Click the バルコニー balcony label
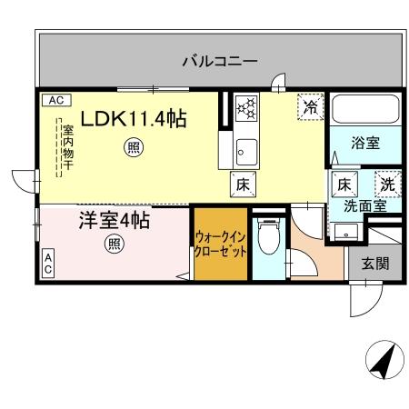click(x=219, y=62)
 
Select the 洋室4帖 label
click(x=114, y=221)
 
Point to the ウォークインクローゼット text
click(x=220, y=244)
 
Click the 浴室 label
click(x=366, y=143)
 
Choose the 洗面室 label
click(x=365, y=205)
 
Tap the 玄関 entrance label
click(x=374, y=264)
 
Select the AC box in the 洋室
click(x=47, y=264)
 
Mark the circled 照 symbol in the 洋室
click(x=114, y=244)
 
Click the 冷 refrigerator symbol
click(x=311, y=106)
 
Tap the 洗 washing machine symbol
click(x=387, y=183)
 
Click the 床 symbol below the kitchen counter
click(x=244, y=183)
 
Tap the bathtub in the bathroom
click(x=365, y=110)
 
